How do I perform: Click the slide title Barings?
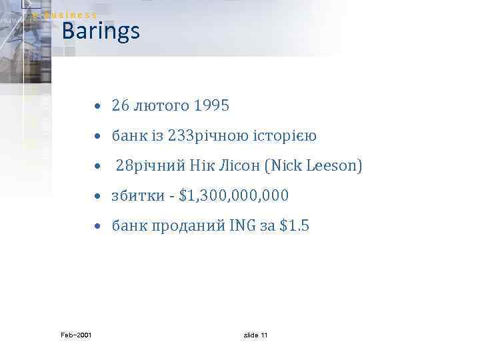pos(100,31)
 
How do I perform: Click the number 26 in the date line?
pos(120,105)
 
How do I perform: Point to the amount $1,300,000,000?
pos(234,196)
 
